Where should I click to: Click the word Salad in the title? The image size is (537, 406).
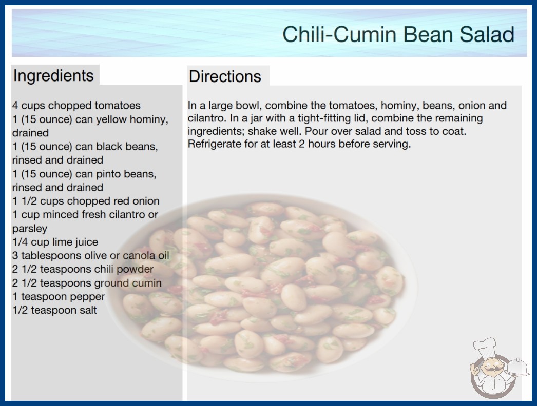[x=487, y=34]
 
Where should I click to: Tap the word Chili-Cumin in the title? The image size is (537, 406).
[x=340, y=34]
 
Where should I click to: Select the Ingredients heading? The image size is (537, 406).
[x=53, y=76]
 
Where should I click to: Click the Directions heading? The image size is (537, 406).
[x=225, y=76]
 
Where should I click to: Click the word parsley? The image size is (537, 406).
[x=29, y=229]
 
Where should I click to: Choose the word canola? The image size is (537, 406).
[x=139, y=255]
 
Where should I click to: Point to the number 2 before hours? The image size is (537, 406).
[x=301, y=144]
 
